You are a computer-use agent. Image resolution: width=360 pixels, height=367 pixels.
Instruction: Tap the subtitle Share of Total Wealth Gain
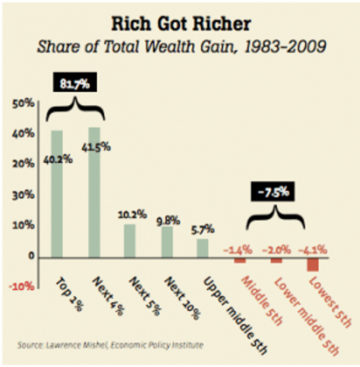pos(181,47)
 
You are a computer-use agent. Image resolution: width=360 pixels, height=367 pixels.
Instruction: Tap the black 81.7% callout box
pos(76,84)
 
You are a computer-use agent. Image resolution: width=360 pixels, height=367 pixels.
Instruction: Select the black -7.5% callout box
pos(273,192)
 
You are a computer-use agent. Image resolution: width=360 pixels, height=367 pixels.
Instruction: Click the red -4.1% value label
pos(313,250)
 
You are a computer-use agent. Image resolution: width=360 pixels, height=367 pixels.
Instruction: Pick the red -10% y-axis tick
pos(23,286)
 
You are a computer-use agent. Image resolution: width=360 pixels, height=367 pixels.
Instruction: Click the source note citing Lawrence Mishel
pos(110,345)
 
